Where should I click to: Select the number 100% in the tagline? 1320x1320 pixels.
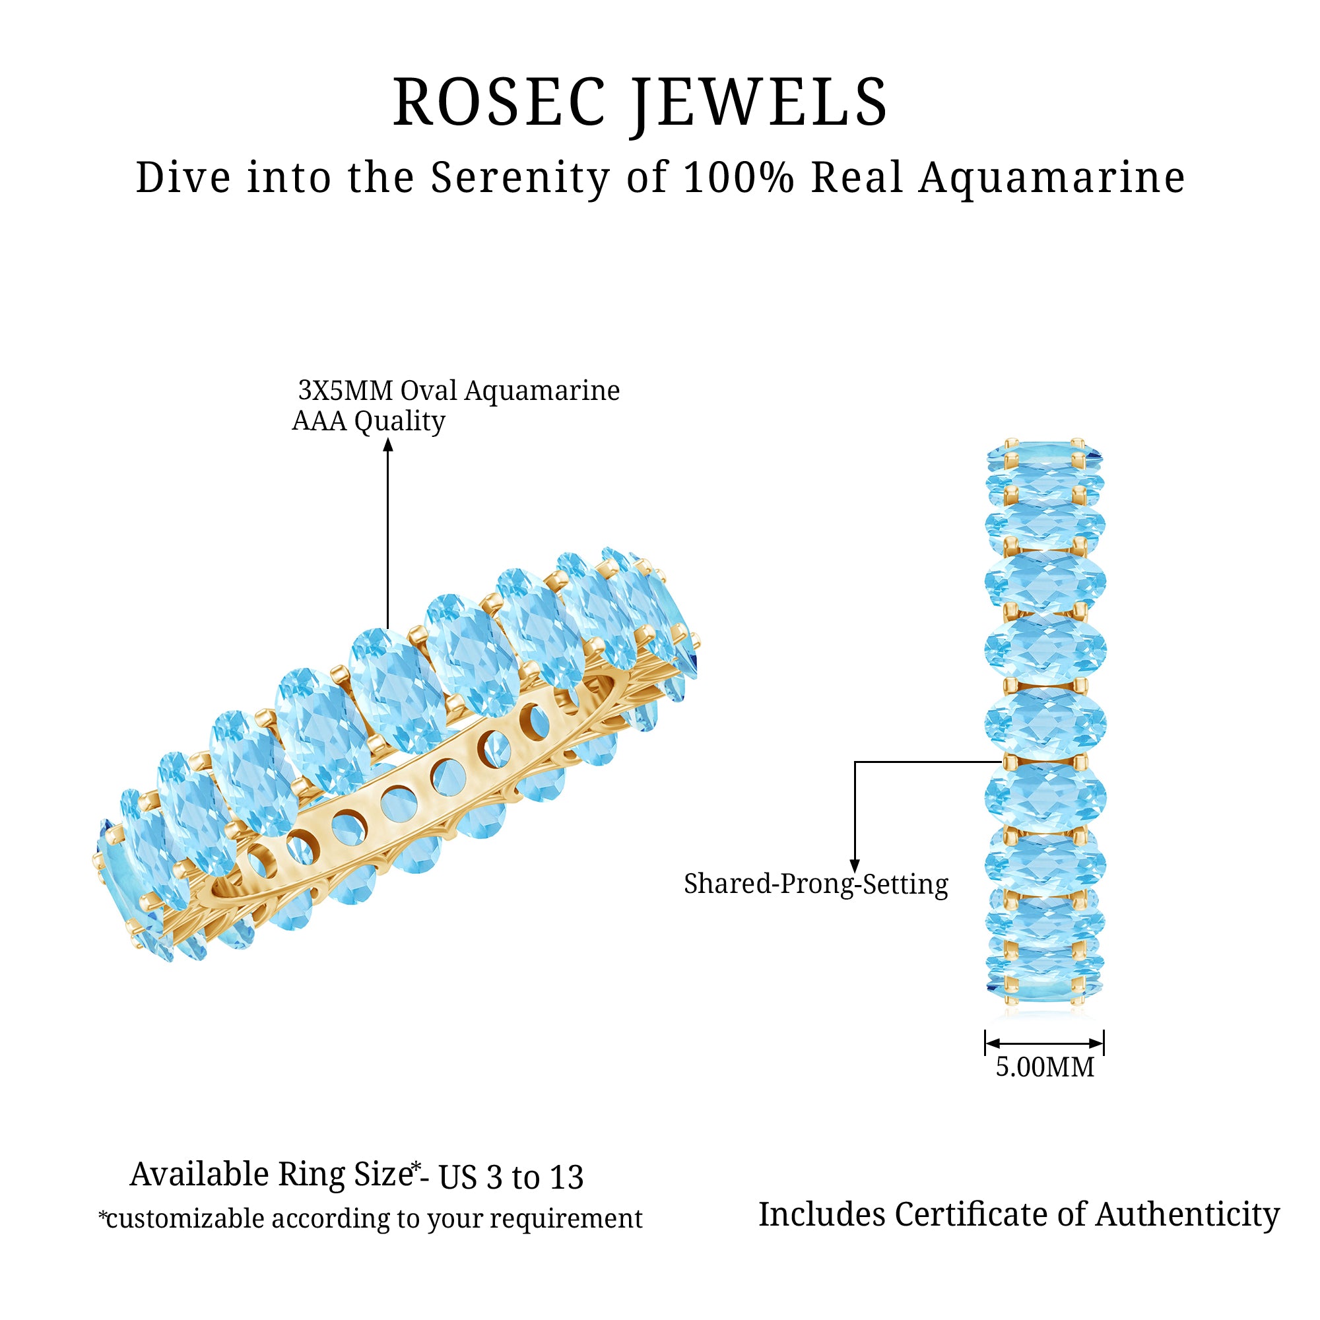pyautogui.click(x=739, y=178)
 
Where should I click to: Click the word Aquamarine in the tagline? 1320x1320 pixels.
pyautogui.click(x=1051, y=179)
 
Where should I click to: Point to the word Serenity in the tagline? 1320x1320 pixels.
pyautogui.click(x=520, y=179)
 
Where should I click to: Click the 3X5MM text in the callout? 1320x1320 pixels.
pyautogui.click(x=346, y=391)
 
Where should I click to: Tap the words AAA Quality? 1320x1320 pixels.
pyautogui.click(x=368, y=422)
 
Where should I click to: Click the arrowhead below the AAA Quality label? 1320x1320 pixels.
pyautogui.click(x=388, y=445)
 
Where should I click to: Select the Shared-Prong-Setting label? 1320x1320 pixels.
pyautogui.click(x=816, y=884)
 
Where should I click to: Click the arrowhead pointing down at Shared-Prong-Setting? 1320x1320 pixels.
pyautogui.click(x=855, y=867)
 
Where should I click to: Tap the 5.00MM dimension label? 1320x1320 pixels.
pyautogui.click(x=1045, y=1067)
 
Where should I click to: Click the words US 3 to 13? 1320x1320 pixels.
pyautogui.click(x=511, y=1177)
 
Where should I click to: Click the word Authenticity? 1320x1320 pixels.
pyautogui.click(x=1187, y=1215)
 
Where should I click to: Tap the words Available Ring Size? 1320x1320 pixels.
pyautogui.click(x=271, y=1175)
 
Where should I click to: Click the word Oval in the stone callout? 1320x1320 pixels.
pyautogui.click(x=428, y=391)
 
